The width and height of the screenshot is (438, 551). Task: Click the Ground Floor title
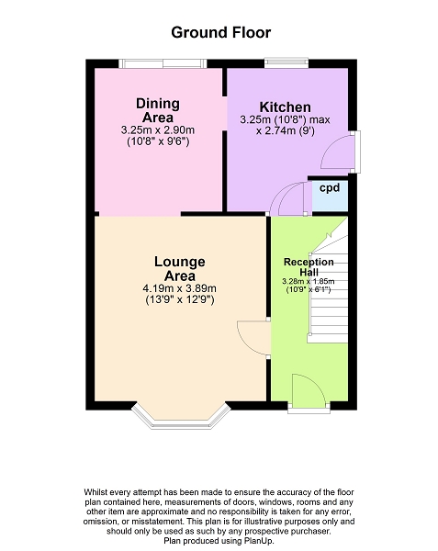(x=221, y=33)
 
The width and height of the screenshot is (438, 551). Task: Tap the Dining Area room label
(x=158, y=110)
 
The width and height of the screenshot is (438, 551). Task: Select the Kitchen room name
(x=285, y=107)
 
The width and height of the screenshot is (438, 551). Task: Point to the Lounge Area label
(x=180, y=268)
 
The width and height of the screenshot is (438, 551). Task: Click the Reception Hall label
(x=309, y=266)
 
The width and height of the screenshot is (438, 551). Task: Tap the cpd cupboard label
(x=330, y=188)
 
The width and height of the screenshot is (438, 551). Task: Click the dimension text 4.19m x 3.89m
(x=179, y=289)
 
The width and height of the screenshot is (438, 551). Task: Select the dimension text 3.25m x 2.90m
(x=158, y=130)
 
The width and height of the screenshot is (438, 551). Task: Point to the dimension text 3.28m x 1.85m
(x=309, y=282)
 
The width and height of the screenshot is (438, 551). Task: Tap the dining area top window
(x=163, y=63)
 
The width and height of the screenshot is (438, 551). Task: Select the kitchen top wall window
(x=286, y=62)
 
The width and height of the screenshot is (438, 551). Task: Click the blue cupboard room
(x=330, y=196)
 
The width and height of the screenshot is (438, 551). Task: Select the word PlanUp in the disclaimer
(x=259, y=541)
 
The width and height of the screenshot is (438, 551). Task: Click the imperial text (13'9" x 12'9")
(x=179, y=300)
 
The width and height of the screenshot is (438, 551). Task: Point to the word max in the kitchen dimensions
(x=320, y=119)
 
